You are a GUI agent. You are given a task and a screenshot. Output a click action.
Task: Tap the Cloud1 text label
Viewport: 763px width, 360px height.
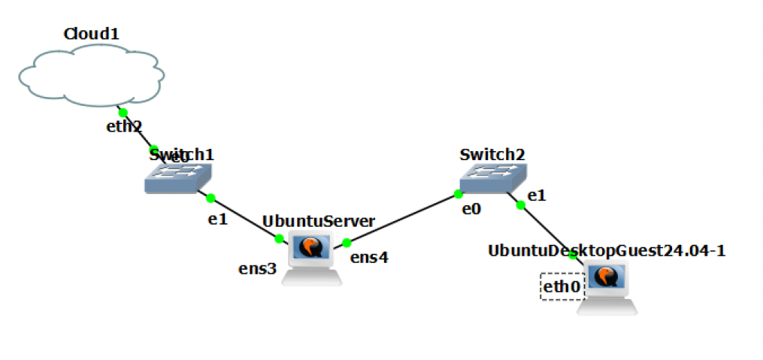tap(92, 34)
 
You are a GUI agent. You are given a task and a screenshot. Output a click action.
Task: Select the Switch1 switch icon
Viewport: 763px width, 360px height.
tap(178, 177)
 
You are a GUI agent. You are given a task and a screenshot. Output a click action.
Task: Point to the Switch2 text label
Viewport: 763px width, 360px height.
tap(492, 155)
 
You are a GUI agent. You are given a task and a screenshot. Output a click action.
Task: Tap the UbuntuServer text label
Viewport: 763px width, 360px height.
tap(318, 222)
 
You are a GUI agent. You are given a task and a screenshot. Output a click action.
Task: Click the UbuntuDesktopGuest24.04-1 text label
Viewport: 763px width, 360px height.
tap(606, 250)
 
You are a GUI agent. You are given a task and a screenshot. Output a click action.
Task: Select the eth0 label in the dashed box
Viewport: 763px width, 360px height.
tap(561, 286)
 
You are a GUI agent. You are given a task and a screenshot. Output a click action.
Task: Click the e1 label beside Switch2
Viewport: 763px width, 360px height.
tap(536, 195)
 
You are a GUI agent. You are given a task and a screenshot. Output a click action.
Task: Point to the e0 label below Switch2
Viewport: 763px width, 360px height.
tap(471, 209)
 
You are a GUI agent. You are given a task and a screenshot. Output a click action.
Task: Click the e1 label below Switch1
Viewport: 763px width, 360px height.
tap(217, 219)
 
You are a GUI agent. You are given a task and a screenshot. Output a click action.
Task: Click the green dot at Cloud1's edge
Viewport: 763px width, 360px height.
tap(123, 113)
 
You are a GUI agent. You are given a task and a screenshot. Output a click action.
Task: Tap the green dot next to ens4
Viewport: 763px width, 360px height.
tap(347, 242)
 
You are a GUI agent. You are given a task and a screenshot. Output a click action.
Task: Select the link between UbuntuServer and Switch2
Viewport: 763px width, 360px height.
tap(402, 219)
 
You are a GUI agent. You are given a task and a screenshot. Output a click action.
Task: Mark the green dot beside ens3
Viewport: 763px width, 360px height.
tap(279, 238)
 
